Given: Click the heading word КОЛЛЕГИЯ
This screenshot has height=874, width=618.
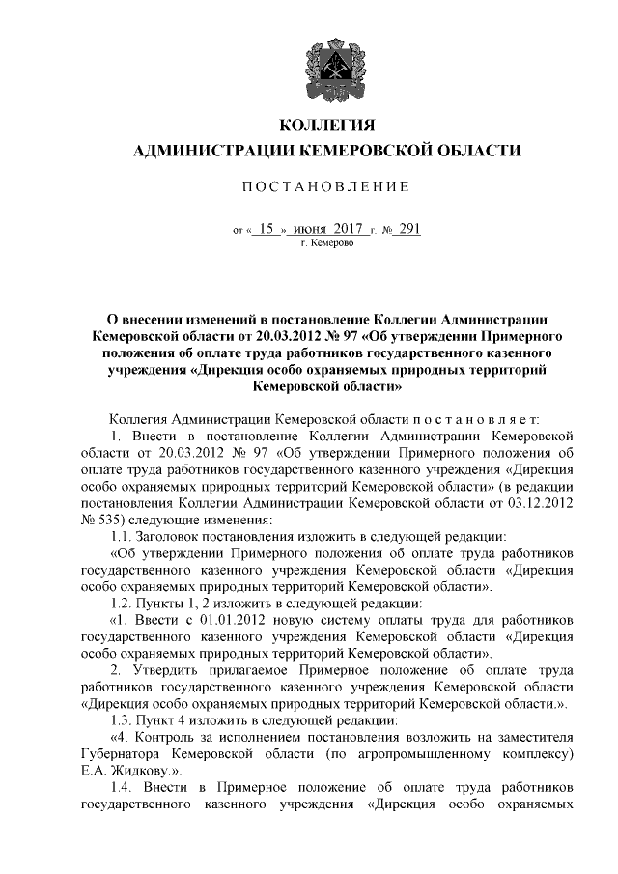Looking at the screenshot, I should tap(325, 127).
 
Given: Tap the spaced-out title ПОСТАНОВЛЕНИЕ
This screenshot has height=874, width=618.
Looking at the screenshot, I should tap(326, 185).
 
